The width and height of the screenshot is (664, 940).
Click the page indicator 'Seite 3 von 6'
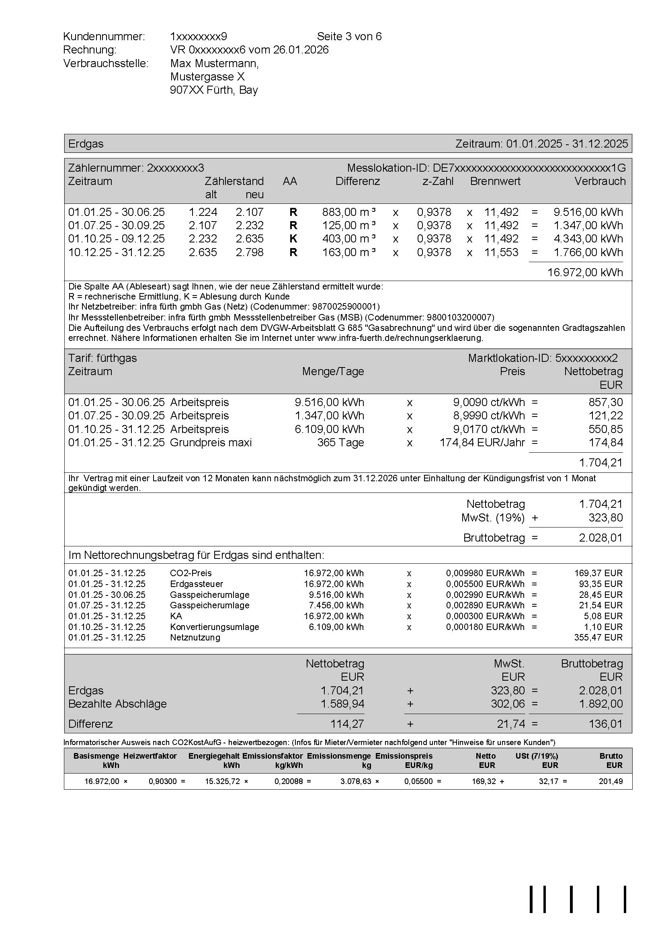(349, 37)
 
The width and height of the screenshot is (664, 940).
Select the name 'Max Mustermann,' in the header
(214, 64)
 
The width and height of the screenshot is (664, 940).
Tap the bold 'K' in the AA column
(293, 239)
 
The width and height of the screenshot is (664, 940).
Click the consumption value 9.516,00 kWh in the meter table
(588, 212)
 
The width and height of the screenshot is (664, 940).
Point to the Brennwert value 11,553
(501, 252)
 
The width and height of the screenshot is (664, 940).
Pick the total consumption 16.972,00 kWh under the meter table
(585, 272)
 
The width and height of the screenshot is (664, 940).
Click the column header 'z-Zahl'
(438, 181)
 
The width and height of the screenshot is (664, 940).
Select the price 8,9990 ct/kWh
(489, 416)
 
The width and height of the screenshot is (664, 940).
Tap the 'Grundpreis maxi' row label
(211, 443)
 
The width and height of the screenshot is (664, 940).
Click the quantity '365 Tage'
(340, 443)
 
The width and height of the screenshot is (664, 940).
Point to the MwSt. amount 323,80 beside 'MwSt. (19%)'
(605, 517)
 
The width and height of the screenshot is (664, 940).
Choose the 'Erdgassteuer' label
(197, 584)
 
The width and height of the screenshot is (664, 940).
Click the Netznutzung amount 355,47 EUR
(598, 637)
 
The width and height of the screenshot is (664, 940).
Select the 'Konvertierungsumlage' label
(215, 627)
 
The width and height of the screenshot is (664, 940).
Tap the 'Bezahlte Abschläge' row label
(117, 704)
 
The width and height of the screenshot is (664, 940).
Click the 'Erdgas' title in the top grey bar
(86, 144)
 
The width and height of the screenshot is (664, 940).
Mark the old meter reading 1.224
(203, 212)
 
